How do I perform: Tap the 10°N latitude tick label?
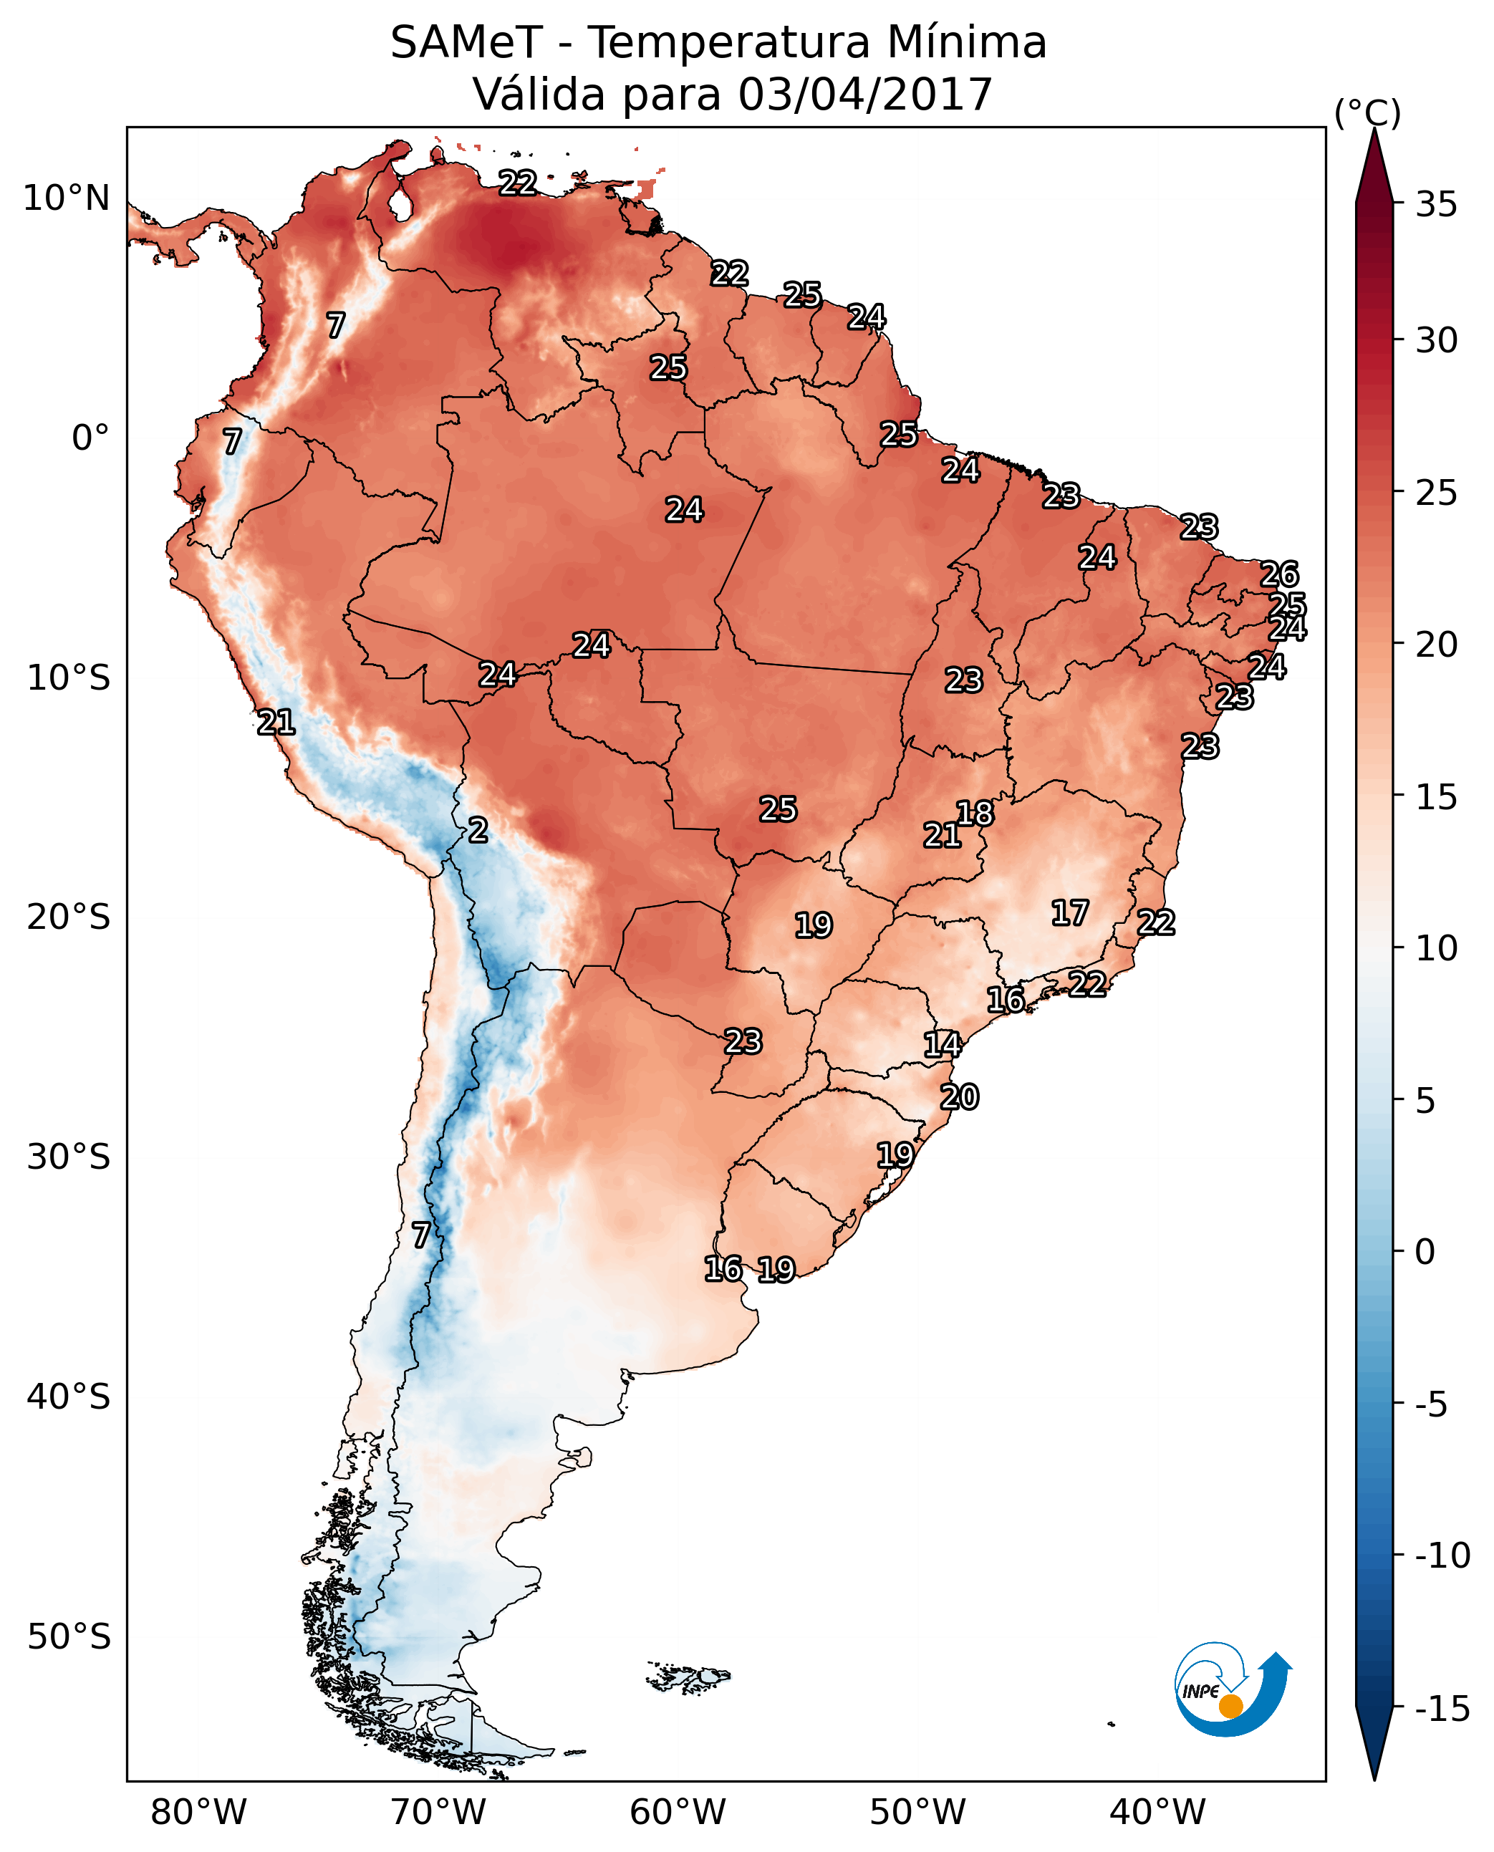tap(67, 199)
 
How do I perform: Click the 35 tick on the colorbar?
tap(1436, 205)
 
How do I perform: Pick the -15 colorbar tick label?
tap(1442, 1709)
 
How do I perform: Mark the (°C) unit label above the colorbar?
tap(1367, 112)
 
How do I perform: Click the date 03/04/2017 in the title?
tap(865, 94)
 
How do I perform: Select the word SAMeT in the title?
tap(466, 42)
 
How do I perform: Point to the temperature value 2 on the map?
tap(478, 829)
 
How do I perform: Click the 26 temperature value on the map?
tap(1279, 574)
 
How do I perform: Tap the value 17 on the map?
tap(1070, 912)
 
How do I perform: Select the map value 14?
tap(943, 1044)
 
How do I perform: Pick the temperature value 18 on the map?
tap(975, 812)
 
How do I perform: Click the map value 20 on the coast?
tap(960, 1096)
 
